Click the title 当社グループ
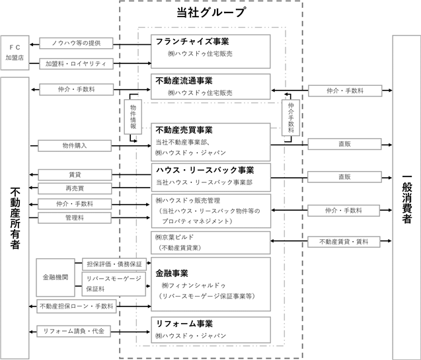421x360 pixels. click(x=211, y=13)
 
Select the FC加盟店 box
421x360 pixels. click(x=15, y=53)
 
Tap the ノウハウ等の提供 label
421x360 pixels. click(x=76, y=43)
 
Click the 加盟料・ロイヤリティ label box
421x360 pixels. click(x=76, y=64)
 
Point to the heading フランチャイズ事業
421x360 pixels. click(x=192, y=42)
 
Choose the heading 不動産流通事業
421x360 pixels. click(x=184, y=81)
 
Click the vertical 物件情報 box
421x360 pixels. click(x=133, y=117)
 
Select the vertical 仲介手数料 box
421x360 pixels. click(x=291, y=118)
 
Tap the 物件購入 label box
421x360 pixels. click(x=75, y=146)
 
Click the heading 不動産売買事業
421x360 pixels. click(x=184, y=130)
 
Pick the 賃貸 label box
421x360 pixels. click(x=75, y=175)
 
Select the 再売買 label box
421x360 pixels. click(x=75, y=188)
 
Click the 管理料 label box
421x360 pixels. click(x=75, y=218)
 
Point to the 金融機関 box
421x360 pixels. click(x=56, y=277)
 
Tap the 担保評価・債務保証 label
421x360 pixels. click(x=114, y=264)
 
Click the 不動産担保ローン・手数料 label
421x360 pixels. click(x=77, y=306)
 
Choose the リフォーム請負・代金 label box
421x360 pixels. click(x=74, y=332)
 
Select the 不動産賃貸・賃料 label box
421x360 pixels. click(x=344, y=242)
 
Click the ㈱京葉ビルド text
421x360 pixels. click(x=174, y=237)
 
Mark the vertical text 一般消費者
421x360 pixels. click(x=406, y=199)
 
